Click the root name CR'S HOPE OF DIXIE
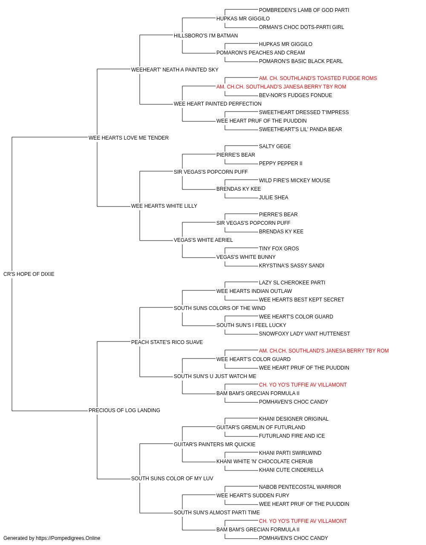pyautogui.click(x=29, y=274)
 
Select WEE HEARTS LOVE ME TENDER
pyautogui.click(x=129, y=138)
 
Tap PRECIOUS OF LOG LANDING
pyautogui.click(x=124, y=410)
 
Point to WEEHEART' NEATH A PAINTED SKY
pyautogui.click(x=175, y=70)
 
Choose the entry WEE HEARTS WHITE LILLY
pyautogui.click(x=164, y=206)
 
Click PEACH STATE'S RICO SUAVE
pyautogui.click(x=167, y=342)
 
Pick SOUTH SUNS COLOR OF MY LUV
pyautogui.click(x=172, y=479)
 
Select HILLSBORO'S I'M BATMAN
pyautogui.click(x=206, y=36)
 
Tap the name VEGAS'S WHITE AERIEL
pyautogui.click(x=203, y=240)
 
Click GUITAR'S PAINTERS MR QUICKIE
pyautogui.click(x=215, y=445)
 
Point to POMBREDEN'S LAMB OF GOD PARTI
pyautogui.click(x=304, y=10)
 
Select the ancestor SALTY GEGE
pyautogui.click(x=275, y=146)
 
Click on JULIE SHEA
pyautogui.click(x=273, y=198)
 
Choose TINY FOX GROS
pyautogui.click(x=279, y=249)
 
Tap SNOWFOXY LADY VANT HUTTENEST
pyautogui.click(x=304, y=333)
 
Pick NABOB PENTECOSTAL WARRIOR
pyautogui.click(x=300, y=487)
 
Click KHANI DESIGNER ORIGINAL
pyautogui.click(x=294, y=419)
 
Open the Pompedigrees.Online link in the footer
pyautogui.click(x=68, y=538)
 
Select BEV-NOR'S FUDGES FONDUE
pyautogui.click(x=295, y=95)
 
